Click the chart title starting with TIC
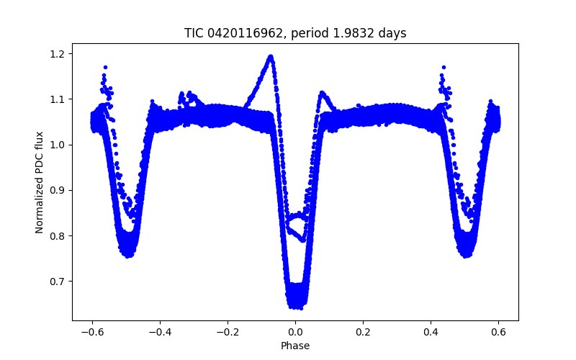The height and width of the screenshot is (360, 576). [x=295, y=33]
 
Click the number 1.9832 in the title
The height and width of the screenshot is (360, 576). [x=358, y=33]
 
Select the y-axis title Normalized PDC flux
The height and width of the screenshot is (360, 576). [x=40, y=182]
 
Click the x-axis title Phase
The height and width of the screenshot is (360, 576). [x=295, y=346]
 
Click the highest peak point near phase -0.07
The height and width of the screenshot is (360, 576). [x=271, y=56]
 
